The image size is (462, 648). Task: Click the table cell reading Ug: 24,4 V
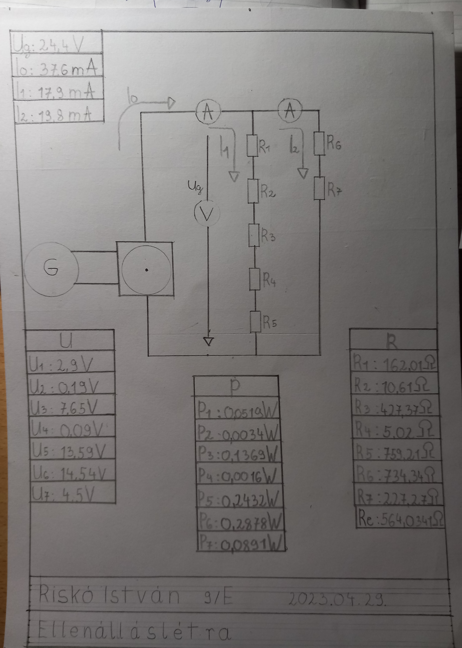pos(56,43)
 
